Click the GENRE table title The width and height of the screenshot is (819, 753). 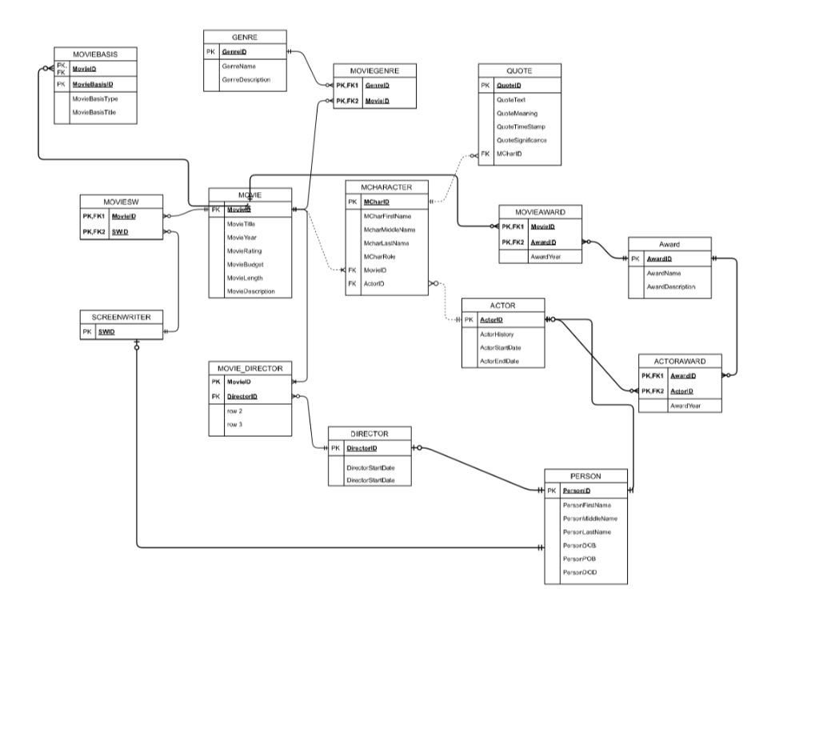(245, 37)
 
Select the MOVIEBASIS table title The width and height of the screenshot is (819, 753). (95, 54)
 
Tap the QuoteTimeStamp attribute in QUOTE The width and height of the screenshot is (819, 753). (521, 126)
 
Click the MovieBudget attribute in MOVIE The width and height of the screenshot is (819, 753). (245, 264)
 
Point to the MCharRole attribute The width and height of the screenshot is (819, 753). (379, 256)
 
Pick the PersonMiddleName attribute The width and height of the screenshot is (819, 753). (589, 519)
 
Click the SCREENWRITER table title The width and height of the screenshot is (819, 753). (121, 317)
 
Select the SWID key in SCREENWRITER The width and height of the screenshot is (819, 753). (106, 332)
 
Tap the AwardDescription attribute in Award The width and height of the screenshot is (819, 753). (670, 286)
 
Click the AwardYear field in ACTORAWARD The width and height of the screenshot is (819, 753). (685, 406)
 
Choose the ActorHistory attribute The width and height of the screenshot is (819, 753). (496, 334)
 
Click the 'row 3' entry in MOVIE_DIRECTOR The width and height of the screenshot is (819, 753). (234, 425)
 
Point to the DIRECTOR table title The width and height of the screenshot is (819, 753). (370, 434)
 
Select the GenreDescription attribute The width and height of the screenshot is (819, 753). (246, 80)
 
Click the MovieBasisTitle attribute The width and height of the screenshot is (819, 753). (94, 113)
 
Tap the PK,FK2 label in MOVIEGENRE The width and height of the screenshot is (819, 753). (347, 101)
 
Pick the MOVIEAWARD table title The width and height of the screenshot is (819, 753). (541, 213)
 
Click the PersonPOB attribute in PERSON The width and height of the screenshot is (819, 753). (578, 559)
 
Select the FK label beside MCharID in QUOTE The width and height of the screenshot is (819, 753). (485, 154)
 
